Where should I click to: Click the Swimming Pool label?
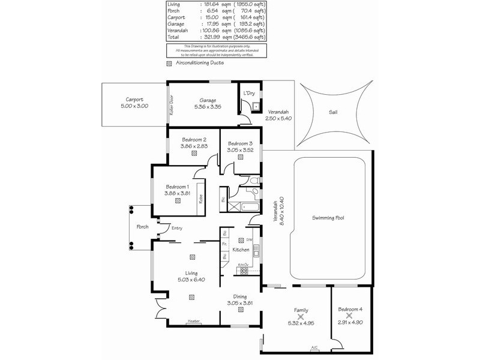click(331, 218)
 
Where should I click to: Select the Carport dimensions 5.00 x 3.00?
click(134, 106)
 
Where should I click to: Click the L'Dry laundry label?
click(249, 94)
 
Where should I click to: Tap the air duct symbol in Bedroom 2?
click(194, 153)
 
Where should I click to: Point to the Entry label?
click(177, 227)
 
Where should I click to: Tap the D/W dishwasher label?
click(248, 239)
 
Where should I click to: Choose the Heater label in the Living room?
click(193, 321)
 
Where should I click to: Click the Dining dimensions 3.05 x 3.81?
click(240, 302)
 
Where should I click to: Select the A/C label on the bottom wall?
click(314, 347)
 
